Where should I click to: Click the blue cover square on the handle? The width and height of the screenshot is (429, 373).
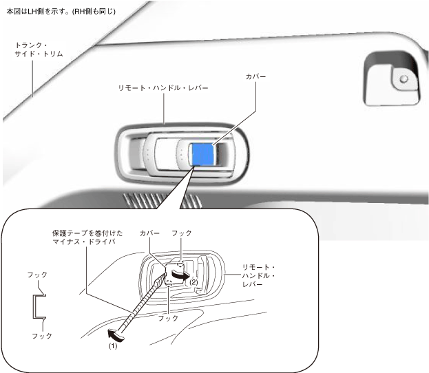pyautogui.click(x=202, y=154)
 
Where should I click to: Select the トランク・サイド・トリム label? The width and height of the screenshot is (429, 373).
pyautogui.click(x=38, y=52)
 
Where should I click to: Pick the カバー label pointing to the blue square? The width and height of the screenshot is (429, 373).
pyautogui.click(x=255, y=75)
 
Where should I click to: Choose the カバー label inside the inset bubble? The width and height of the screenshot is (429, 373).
pyautogui.click(x=149, y=234)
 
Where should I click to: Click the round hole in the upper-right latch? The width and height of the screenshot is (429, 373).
pyautogui.click(x=404, y=78)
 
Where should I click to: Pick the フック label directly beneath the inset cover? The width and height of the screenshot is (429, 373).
pyautogui.click(x=169, y=319)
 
